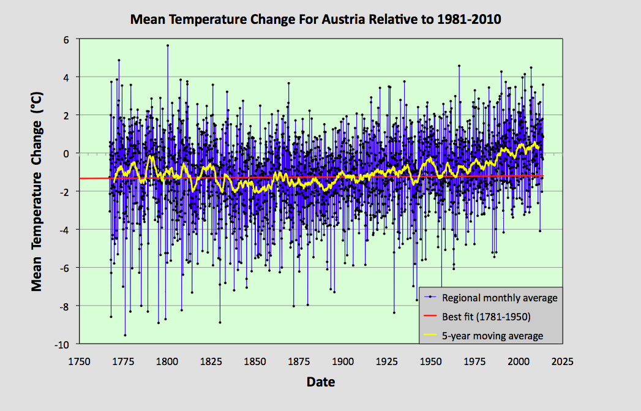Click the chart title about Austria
tap(315, 19)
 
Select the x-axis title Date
tap(321, 382)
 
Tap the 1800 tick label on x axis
tap(167, 361)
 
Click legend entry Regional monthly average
tap(500, 298)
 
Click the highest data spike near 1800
tap(168, 45)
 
